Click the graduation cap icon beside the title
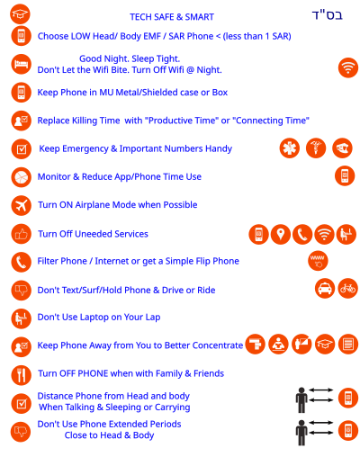(20, 13)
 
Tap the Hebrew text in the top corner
(328, 15)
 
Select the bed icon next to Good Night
(22, 64)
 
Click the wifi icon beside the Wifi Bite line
(348, 67)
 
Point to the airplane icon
(22, 205)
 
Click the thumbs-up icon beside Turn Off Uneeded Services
(22, 234)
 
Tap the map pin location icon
(281, 234)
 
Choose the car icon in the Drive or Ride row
(325, 289)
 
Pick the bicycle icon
(348, 289)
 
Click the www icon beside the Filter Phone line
(318, 261)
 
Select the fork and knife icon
(22, 375)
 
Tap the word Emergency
(85, 148)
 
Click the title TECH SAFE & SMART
(172, 17)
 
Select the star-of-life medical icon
(290, 148)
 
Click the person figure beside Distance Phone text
(301, 400)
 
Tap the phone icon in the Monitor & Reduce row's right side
(345, 175)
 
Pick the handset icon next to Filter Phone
(22, 262)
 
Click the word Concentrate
(218, 345)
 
